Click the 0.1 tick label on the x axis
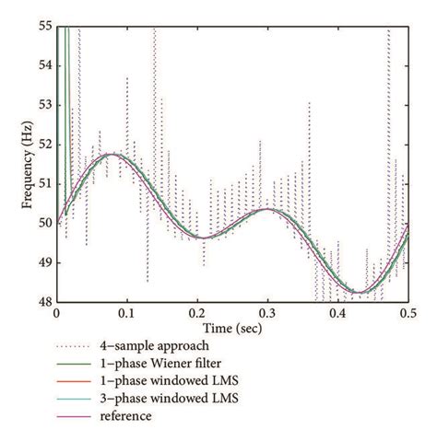tap(126, 313)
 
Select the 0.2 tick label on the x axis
tap(197, 313)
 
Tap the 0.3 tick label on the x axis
tap(267, 313)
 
